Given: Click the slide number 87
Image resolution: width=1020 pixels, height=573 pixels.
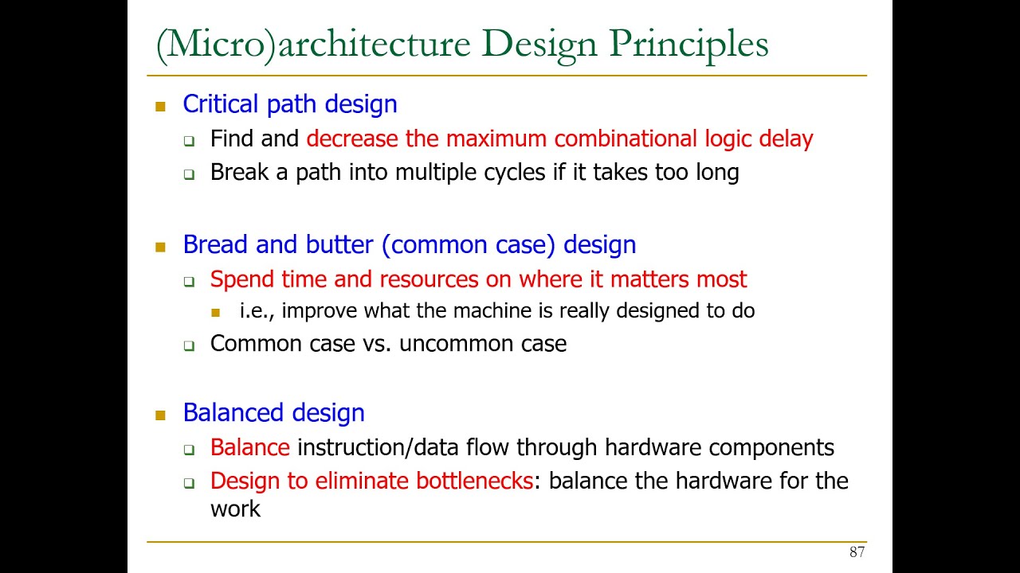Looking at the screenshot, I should [x=857, y=552].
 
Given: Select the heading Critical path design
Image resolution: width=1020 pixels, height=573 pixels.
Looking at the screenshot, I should [x=289, y=104].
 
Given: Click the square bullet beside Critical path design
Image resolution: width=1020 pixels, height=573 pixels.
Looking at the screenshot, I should [x=160, y=106].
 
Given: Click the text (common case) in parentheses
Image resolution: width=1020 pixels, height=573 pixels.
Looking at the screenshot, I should [x=469, y=244].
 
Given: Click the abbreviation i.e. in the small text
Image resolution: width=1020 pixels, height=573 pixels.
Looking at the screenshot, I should [x=256, y=310].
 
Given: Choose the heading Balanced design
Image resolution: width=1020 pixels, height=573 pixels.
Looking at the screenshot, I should [x=273, y=413].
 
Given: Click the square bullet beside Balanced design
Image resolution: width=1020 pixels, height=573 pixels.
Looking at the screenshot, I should [x=160, y=415].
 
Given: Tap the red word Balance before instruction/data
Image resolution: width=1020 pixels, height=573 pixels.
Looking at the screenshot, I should [x=249, y=447].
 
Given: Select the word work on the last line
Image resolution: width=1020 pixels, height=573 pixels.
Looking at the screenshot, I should [x=235, y=509].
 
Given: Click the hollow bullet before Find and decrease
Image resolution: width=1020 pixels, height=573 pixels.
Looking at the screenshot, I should [x=189, y=142].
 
